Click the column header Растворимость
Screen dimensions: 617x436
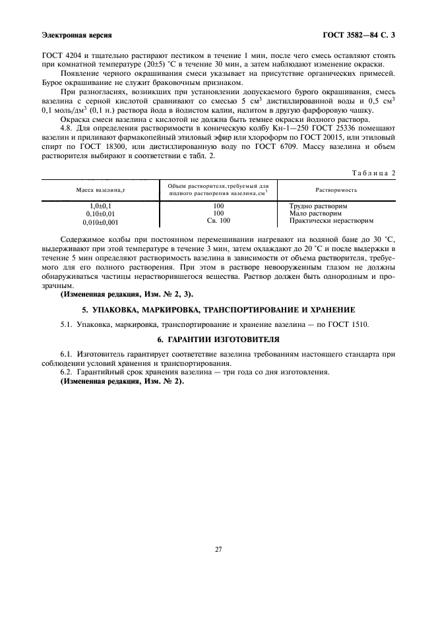click(x=336, y=189)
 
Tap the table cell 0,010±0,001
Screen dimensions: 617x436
click(x=99, y=222)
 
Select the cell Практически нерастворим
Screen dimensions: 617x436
click(x=327, y=221)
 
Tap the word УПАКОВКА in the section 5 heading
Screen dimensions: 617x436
click(x=121, y=309)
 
